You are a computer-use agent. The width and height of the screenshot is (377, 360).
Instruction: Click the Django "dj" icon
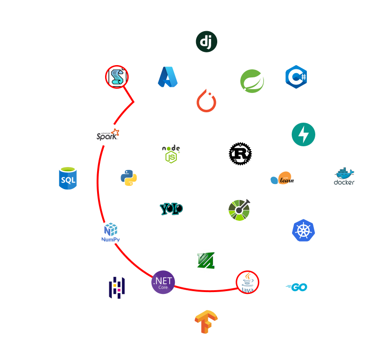(206, 42)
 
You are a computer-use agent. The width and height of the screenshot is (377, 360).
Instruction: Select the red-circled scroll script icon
(117, 76)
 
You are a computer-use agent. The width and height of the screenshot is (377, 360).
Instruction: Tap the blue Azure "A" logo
(167, 77)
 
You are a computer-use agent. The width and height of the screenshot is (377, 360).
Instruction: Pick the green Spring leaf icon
(252, 81)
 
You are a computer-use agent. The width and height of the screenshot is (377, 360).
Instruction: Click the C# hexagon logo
(296, 76)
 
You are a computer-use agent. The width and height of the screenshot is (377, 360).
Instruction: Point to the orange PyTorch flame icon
(206, 100)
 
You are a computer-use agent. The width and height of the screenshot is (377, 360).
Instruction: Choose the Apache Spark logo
(108, 134)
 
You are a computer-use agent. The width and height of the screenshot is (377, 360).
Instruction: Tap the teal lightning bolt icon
(303, 134)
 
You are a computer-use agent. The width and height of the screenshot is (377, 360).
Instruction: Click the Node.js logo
(171, 154)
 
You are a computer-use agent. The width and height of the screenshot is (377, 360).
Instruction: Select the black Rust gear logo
(240, 154)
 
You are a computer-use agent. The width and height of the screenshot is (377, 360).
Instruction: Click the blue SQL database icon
(68, 178)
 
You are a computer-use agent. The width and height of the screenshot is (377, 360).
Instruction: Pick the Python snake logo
(129, 178)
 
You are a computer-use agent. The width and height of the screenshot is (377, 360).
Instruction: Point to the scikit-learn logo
(282, 178)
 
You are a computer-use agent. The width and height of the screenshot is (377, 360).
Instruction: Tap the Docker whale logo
(344, 178)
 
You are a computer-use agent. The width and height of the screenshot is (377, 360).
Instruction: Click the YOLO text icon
(171, 209)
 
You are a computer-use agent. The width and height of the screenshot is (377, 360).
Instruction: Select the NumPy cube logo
(111, 233)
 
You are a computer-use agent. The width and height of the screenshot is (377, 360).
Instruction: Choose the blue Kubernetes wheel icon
(303, 230)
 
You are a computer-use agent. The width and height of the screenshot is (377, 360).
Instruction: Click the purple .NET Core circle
(163, 282)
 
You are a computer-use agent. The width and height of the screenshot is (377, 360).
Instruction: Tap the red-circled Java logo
(247, 282)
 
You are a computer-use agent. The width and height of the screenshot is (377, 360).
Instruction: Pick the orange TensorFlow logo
(206, 322)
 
